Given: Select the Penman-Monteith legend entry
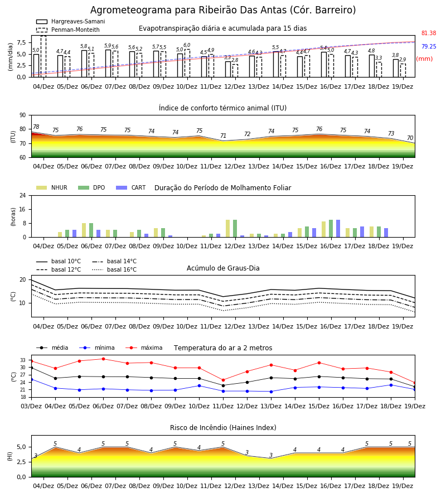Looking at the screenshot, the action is point(68,30).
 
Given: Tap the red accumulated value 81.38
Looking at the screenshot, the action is point(429,33).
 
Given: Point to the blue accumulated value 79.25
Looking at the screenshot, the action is point(429,46).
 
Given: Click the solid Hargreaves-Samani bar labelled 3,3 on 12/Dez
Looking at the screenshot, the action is point(228,69).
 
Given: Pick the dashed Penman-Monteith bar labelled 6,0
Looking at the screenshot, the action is point(187,64).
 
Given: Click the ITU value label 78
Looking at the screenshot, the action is point(36,127).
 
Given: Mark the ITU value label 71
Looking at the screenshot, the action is point(223,136).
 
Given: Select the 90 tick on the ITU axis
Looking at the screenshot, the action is point(23,115).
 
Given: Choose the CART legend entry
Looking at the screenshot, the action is point(131,187).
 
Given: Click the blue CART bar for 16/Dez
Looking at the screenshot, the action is point(338,229).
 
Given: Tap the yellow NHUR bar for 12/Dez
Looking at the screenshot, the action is point(228,229).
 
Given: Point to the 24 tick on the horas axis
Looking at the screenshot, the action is point(23,195).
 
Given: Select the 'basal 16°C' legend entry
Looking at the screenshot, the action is point(114,269).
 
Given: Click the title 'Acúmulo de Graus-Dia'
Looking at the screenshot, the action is point(223,268).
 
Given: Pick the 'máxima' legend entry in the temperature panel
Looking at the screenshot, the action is point(144,347).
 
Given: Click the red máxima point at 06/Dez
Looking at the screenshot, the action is point(103,359).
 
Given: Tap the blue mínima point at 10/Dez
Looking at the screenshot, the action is point(200,386).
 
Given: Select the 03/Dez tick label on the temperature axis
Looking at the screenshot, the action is point(31,406).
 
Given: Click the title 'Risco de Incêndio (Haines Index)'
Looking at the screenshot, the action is point(223,427).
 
